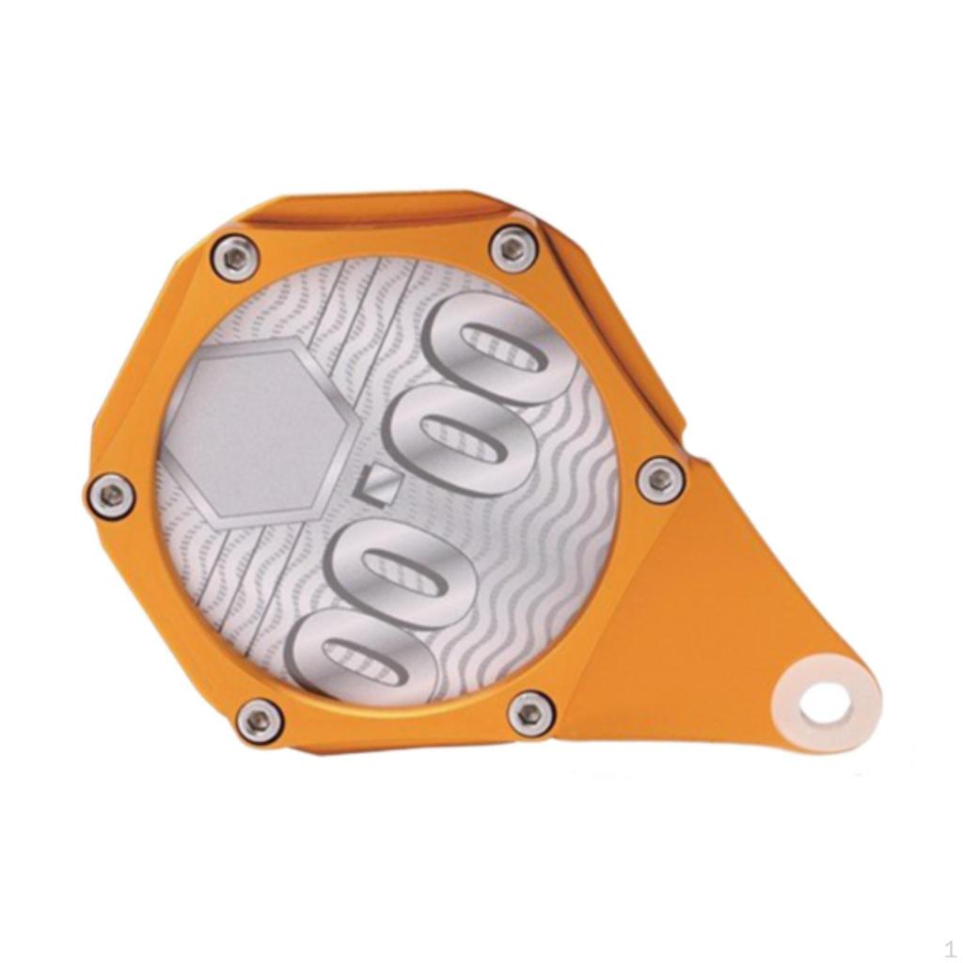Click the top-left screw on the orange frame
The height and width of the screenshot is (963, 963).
(234, 255)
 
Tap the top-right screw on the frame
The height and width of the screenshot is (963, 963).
(513, 249)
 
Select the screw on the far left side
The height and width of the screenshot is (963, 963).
(111, 496)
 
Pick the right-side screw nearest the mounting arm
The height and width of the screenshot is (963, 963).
(660, 480)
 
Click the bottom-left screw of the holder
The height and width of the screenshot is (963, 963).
(258, 720)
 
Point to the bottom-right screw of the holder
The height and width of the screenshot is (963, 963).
(530, 713)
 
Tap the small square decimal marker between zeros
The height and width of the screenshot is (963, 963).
(377, 486)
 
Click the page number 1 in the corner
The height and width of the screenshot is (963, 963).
(949, 948)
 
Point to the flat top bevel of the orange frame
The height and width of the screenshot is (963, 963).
(376, 212)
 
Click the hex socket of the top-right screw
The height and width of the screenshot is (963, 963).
(513, 249)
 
